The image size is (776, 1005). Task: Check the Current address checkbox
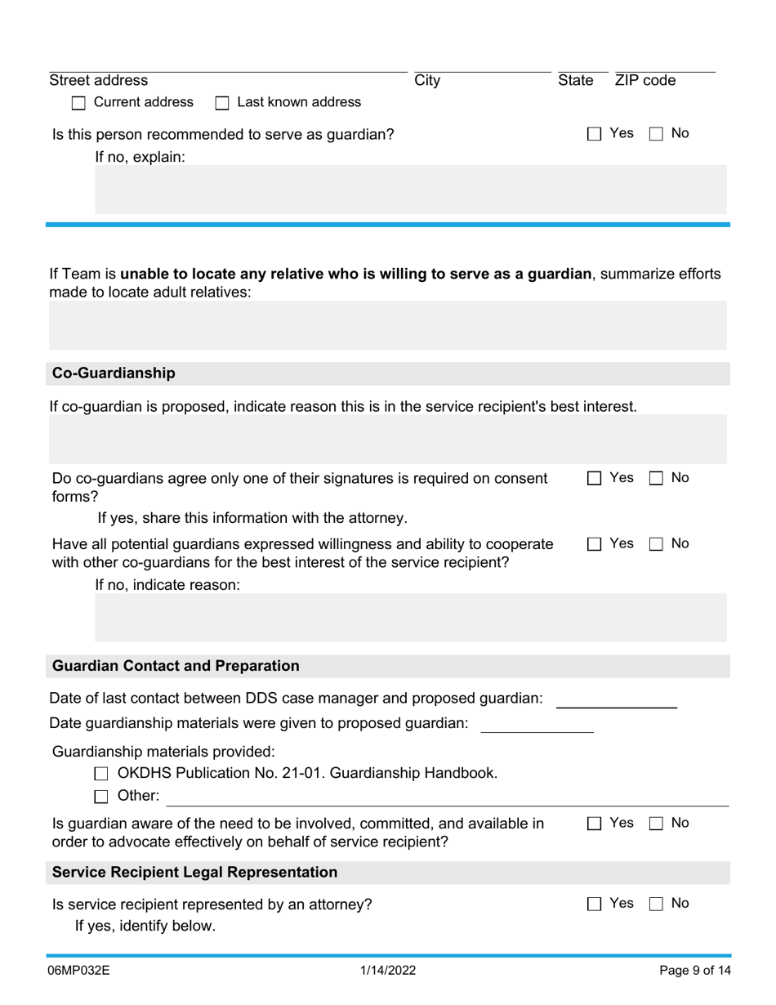78,103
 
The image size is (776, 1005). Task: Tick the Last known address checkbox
222,103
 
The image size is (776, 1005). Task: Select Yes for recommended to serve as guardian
594,134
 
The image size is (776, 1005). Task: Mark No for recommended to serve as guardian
656,134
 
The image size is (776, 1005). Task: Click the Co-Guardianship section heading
114,373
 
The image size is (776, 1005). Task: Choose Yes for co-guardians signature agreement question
594,479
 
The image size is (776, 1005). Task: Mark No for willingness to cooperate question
656,544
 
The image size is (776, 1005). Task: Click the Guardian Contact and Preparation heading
176,666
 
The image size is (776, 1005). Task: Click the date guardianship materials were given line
537,725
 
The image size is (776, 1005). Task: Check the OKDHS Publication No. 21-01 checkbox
101,774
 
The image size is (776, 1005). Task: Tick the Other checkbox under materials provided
101,797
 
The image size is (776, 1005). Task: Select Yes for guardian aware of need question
594,824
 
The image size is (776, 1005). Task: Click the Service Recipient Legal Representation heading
194,873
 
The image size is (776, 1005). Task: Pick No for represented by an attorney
656,904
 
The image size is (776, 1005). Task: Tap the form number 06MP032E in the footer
79,971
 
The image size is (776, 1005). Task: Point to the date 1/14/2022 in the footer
388,971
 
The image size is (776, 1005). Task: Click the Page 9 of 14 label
695,971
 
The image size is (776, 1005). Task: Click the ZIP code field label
645,81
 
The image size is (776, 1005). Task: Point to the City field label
427,81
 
